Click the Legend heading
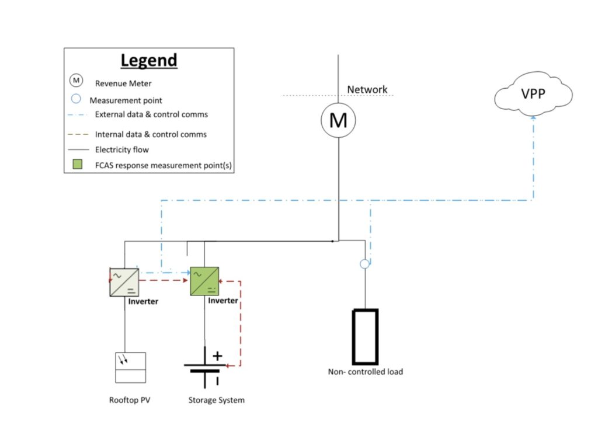(148, 61)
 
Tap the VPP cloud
(533, 93)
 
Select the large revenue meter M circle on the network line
(338, 121)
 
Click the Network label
(367, 89)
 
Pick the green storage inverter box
(204, 281)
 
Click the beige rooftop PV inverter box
(124, 281)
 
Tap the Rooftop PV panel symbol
(130, 367)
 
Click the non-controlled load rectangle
(364, 336)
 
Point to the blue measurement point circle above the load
(364, 264)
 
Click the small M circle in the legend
(76, 81)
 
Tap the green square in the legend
(76, 165)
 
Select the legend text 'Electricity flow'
(121, 149)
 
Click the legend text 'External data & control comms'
(151, 114)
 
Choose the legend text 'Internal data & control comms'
(151, 134)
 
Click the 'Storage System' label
(216, 400)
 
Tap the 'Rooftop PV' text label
(129, 400)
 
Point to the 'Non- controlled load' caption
(365, 371)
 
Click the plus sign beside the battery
(217, 355)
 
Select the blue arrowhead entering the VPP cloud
(533, 118)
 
